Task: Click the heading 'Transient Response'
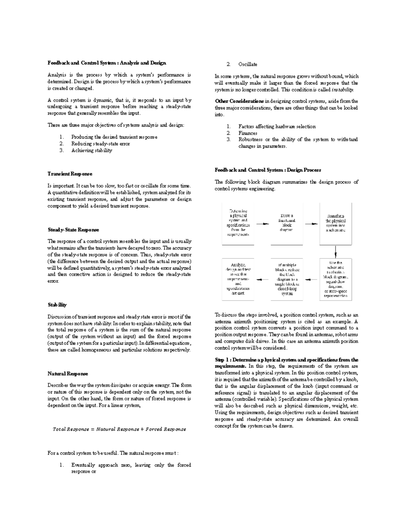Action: [x=70, y=174]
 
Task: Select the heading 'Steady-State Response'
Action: [x=73, y=230]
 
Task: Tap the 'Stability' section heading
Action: [x=57, y=305]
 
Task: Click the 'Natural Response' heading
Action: [x=68, y=374]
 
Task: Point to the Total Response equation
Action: [x=119, y=429]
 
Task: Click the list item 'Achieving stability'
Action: [x=91, y=150]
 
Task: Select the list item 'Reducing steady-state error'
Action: [x=100, y=144]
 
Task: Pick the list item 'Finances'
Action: [x=248, y=133]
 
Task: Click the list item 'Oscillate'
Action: [x=248, y=64]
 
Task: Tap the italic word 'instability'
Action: [x=342, y=90]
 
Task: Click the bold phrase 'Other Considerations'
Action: [x=239, y=101]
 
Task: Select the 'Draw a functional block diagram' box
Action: [x=287, y=224]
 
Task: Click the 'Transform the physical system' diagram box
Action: [x=336, y=224]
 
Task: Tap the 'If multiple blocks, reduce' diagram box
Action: [x=287, y=279]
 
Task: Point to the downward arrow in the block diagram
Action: [x=336, y=251]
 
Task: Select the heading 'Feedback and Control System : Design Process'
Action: [x=268, y=170]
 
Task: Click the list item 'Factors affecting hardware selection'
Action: [x=277, y=126]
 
